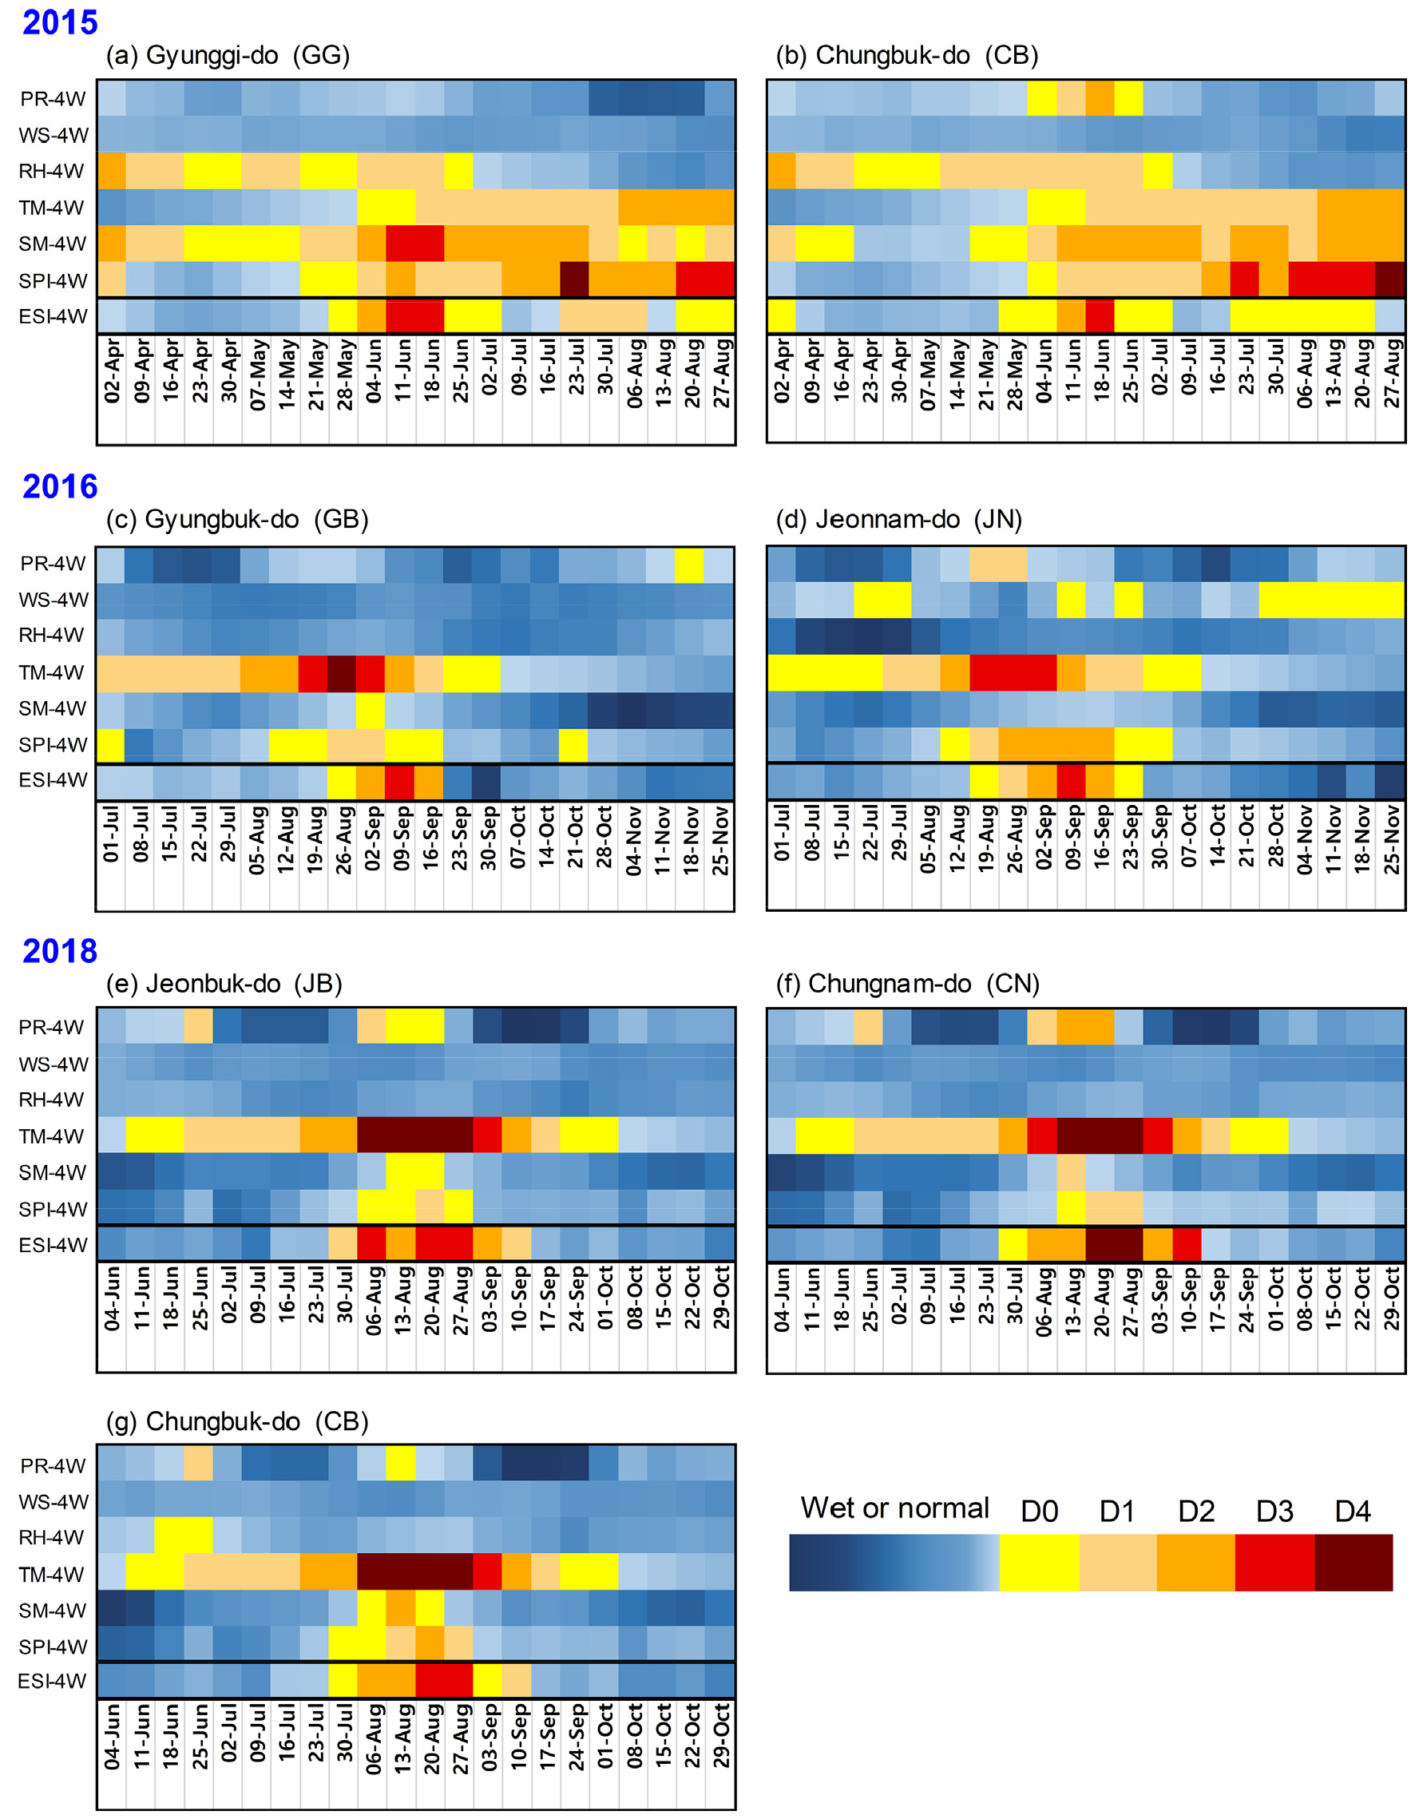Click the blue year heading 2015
60,22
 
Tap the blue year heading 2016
60,486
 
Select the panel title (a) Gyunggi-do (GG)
228,56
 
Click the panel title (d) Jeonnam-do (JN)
898,520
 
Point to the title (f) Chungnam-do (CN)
908,984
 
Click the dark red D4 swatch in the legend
1354,1563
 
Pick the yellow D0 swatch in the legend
1038,1563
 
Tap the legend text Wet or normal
894,1508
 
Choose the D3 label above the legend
1274,1512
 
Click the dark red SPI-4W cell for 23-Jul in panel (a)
575,279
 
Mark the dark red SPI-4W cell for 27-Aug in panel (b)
1391,279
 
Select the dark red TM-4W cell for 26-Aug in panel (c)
342,673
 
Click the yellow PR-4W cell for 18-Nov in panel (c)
689,564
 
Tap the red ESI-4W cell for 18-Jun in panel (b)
1100,316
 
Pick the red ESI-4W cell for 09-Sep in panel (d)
1071,781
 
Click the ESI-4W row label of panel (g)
53,1681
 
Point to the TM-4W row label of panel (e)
52,1136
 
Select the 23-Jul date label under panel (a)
576,371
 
